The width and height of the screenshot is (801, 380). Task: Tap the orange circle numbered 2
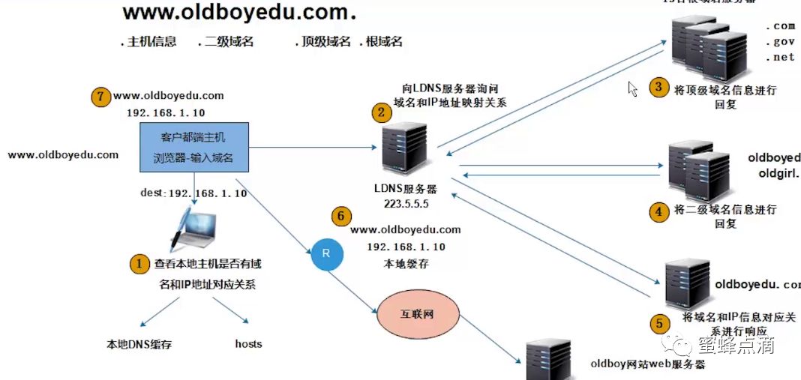click(382, 114)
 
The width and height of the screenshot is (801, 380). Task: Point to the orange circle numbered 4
click(658, 211)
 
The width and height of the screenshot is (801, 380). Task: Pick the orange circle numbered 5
click(658, 324)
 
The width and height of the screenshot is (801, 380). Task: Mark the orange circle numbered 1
click(139, 263)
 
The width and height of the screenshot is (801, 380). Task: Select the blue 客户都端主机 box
click(193, 148)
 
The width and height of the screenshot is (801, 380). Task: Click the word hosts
click(248, 344)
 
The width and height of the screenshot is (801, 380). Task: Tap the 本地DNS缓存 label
click(139, 345)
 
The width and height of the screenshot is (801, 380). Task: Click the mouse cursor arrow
click(632, 89)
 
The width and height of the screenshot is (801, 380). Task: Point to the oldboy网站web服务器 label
click(648, 365)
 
